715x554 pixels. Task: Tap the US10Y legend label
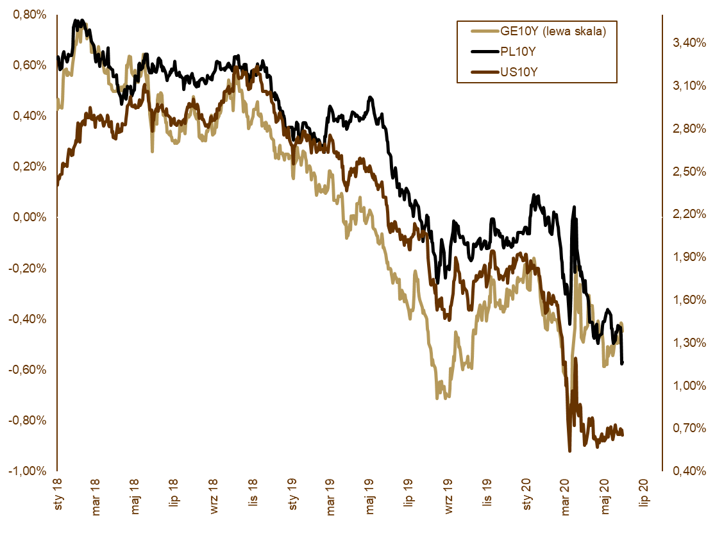(519, 72)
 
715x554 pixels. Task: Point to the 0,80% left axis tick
(29, 15)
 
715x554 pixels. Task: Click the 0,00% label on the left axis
(29, 217)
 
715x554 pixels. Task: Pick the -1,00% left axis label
(28, 471)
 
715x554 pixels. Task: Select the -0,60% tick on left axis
(28, 370)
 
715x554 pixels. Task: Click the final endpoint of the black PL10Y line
(623, 364)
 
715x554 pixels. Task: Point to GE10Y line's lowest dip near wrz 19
(438, 398)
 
